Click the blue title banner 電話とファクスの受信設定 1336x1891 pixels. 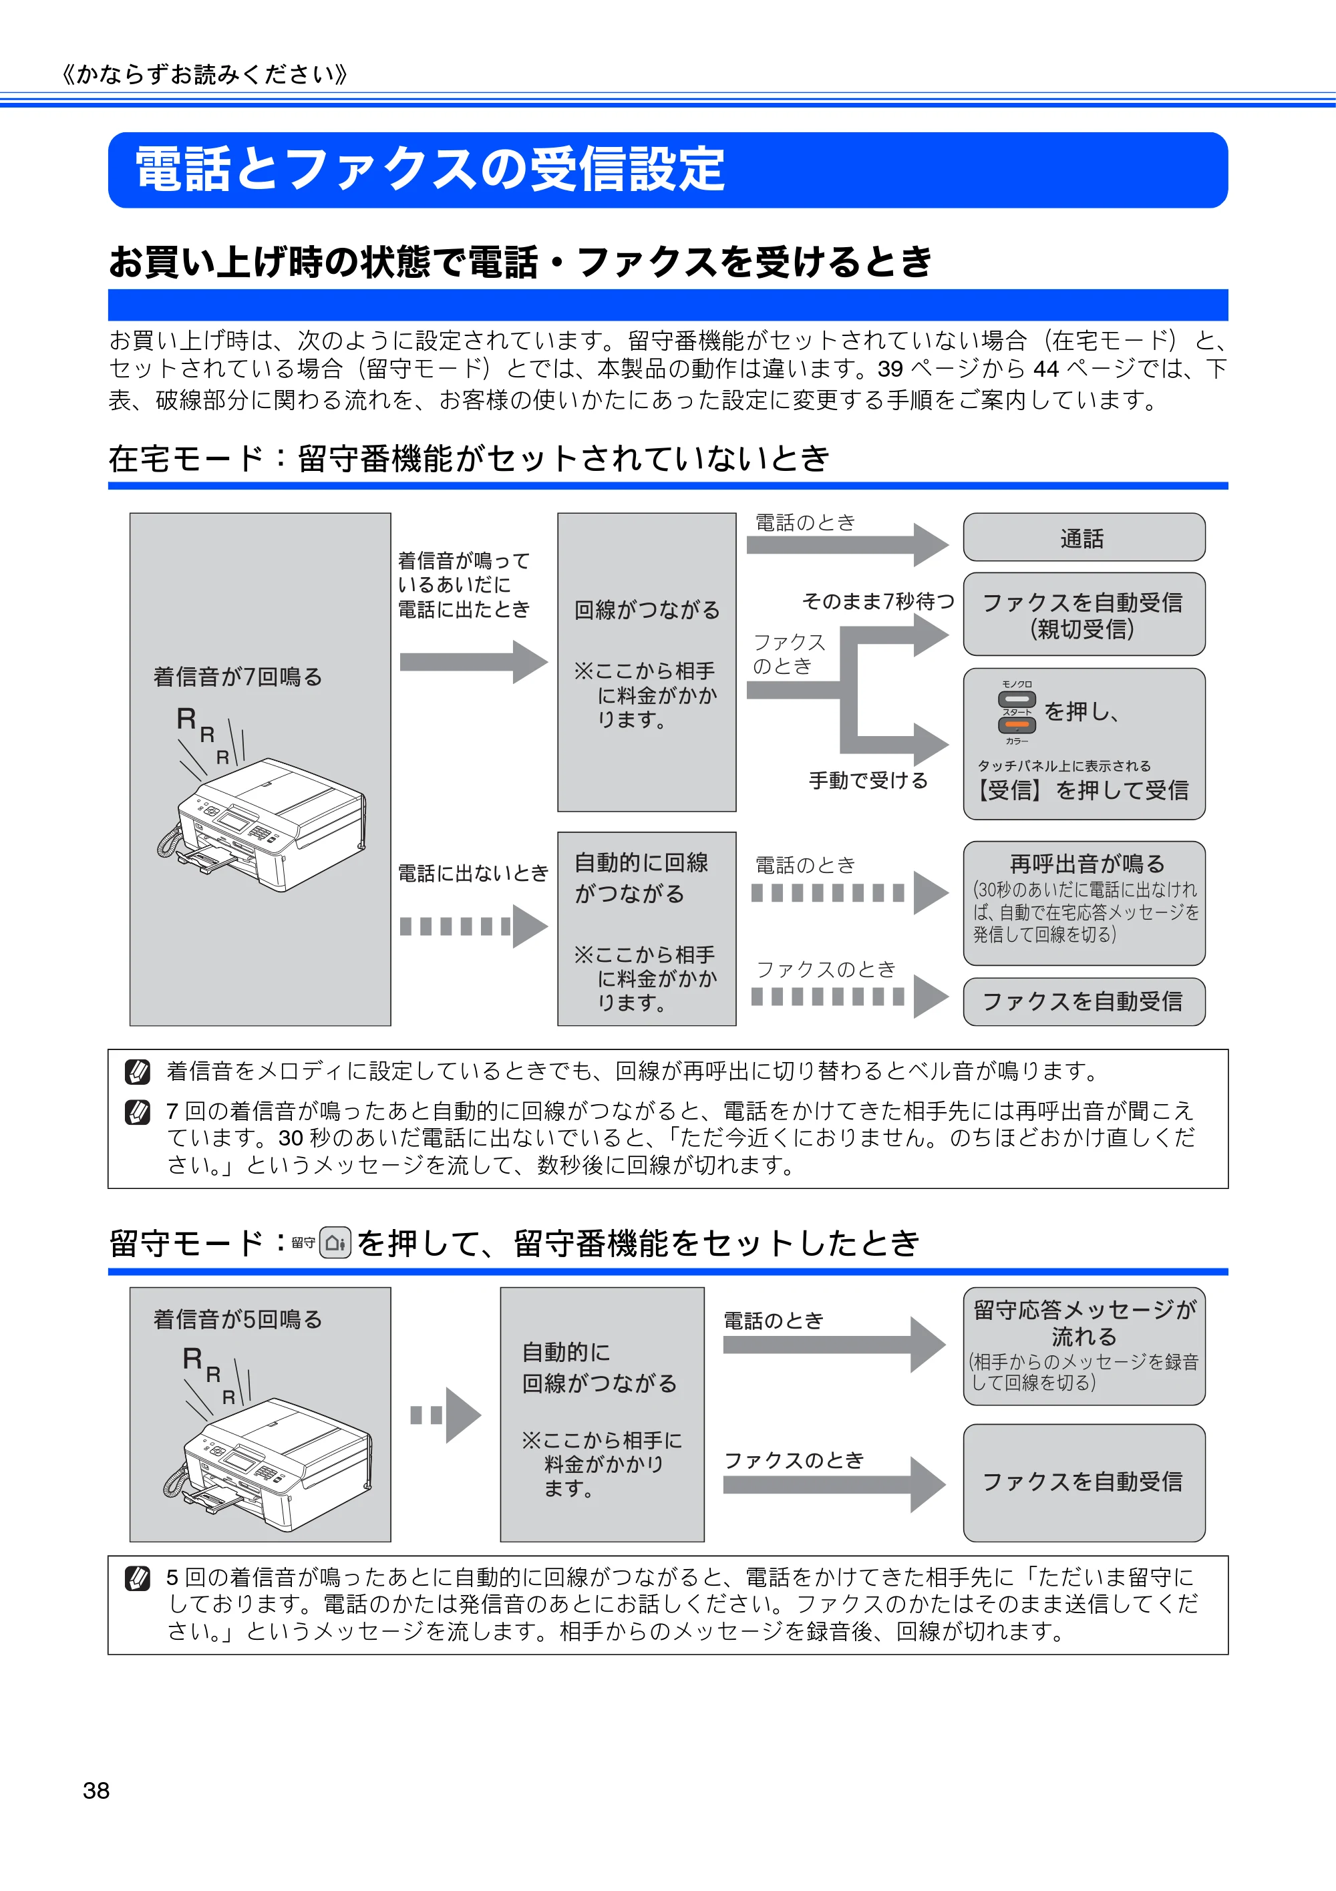[667, 170]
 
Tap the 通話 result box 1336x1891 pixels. [1084, 537]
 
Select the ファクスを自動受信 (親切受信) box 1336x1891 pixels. [1084, 614]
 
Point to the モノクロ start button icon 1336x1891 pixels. [1017, 699]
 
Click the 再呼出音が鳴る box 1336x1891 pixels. [1084, 902]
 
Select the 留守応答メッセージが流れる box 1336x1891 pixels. [1084, 1346]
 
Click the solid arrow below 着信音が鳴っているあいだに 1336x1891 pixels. [474, 661]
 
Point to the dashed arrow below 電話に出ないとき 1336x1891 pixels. [474, 926]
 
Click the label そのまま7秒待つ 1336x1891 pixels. [878, 601]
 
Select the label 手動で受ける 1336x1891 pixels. [868, 780]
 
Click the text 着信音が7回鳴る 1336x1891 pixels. [237, 677]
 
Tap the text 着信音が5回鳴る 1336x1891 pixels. [237, 1319]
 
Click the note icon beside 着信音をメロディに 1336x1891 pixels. [137, 1071]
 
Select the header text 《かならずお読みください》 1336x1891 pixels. [205, 75]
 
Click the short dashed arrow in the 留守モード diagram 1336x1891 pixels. [446, 1415]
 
